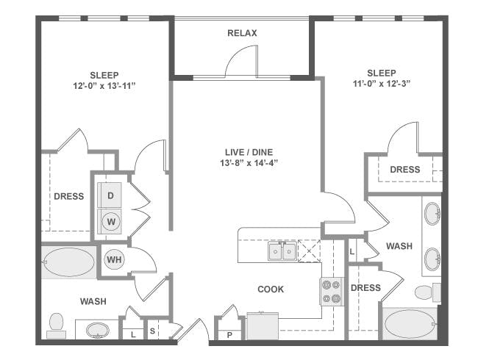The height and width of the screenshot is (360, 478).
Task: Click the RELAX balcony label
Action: point(242,33)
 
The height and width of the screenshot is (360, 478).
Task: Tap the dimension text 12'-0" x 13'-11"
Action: point(104,86)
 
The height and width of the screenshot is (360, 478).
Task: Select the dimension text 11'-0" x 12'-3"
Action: point(382,84)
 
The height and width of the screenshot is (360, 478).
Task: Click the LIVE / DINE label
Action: point(249,152)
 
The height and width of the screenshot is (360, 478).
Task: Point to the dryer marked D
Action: point(110,195)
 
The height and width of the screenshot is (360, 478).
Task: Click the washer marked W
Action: point(110,221)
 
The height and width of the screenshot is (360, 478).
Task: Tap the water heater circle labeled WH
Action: point(114,260)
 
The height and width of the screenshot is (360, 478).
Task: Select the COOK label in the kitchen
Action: point(271,289)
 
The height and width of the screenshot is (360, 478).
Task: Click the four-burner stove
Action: point(332,292)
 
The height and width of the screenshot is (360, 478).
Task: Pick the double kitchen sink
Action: point(282,251)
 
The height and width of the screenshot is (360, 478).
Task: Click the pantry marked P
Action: point(229,335)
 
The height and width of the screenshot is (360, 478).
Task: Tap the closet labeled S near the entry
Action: point(152,331)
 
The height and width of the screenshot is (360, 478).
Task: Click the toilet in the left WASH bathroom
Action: point(56,325)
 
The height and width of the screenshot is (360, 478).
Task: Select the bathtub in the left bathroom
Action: point(69,262)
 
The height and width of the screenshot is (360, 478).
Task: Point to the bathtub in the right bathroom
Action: point(410,324)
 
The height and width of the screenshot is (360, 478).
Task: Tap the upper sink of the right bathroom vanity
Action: point(432,214)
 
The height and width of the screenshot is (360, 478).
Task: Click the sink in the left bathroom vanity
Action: point(97,330)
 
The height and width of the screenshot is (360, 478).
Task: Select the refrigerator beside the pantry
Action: point(263,326)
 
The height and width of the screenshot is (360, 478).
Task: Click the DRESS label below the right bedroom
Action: point(405,169)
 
